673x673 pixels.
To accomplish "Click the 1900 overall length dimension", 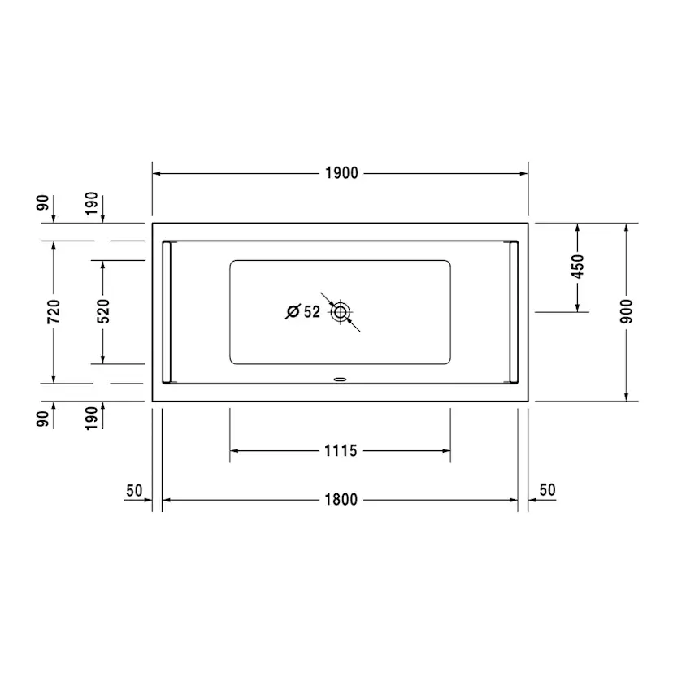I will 341,173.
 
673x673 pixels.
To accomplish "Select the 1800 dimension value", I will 341,500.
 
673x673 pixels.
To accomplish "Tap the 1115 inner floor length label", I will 341,450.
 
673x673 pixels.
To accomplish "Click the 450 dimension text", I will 577,267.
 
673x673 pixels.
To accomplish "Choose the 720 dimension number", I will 54,311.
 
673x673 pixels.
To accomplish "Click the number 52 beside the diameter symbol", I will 311,311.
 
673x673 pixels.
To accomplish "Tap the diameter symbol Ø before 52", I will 293,311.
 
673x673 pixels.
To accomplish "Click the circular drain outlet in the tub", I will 340,311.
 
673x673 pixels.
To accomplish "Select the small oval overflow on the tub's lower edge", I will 340,378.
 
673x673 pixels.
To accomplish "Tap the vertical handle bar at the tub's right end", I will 514,311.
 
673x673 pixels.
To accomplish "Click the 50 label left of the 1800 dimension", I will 134,490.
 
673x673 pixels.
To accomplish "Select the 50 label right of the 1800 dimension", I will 547,490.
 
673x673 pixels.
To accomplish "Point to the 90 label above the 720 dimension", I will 42,203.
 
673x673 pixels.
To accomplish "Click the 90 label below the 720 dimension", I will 42,418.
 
